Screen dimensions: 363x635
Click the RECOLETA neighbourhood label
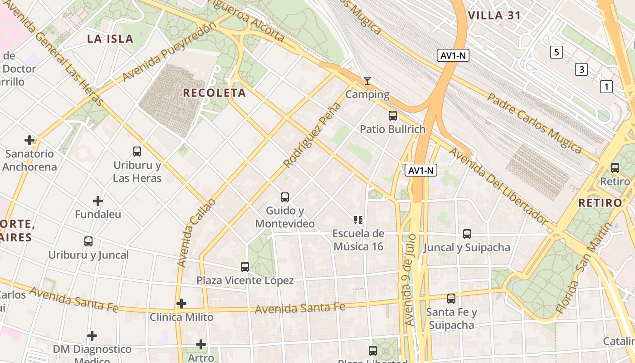[214, 93]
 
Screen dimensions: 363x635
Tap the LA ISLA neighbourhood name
[110, 39]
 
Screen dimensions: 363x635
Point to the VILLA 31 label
[494, 15]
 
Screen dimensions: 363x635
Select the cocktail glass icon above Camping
[367, 81]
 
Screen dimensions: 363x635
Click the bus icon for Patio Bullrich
[393, 116]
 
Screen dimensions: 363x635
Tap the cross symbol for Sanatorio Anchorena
[29, 140]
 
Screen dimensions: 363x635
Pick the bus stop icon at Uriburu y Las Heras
[137, 152]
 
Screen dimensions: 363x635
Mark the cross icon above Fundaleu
[98, 201]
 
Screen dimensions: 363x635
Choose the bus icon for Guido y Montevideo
[285, 197]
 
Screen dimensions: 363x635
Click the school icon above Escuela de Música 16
[358, 220]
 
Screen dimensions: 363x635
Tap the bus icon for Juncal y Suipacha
[467, 234]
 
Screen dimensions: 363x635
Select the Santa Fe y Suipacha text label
[451, 319]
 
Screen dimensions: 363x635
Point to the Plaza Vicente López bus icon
[245, 267]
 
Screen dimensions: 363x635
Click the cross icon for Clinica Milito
[181, 303]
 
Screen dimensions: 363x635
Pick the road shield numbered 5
[557, 52]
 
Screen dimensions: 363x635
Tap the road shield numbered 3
[581, 69]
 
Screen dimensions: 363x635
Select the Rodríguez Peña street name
[312, 135]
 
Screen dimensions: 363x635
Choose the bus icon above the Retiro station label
[615, 168]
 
